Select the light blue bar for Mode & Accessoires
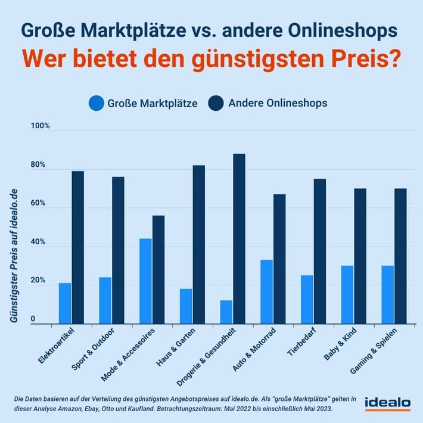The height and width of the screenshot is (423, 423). (x=145, y=281)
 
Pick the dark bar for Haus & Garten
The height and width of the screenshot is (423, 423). (x=198, y=244)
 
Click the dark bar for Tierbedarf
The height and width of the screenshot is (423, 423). (x=319, y=250)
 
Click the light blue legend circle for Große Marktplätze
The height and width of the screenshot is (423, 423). (x=97, y=103)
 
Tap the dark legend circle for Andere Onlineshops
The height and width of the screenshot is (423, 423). (x=216, y=103)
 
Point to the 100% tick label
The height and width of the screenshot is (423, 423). (x=41, y=126)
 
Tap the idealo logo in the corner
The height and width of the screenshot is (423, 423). (x=387, y=403)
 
